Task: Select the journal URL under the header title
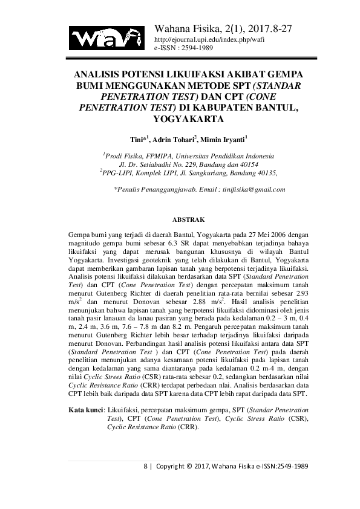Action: click(210, 38)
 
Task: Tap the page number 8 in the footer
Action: click(145, 467)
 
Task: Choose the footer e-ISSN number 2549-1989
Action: click(288, 467)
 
